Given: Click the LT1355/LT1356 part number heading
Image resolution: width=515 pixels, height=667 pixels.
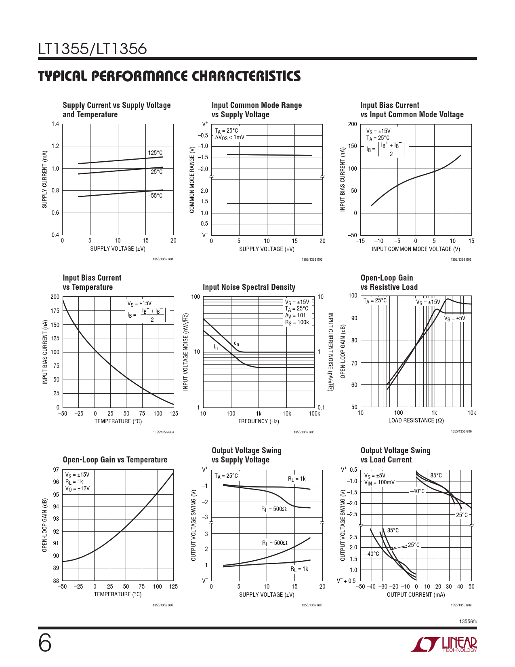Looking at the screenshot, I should coord(92,49).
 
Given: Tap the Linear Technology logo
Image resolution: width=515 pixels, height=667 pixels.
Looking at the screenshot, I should coord(444,644).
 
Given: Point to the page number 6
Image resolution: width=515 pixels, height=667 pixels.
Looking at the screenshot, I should coord(45,643).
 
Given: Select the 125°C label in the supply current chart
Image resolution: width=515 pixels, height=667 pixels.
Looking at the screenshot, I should coord(155,153).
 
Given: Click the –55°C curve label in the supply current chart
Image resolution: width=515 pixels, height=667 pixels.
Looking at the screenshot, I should coord(155,196).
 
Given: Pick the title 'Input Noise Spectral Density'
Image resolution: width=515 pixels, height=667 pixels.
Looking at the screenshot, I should coord(249,287).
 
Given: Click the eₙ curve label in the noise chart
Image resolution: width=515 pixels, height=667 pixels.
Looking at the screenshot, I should coord(236,344).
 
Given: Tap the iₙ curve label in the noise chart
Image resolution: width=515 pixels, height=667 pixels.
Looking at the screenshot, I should coord(216,347).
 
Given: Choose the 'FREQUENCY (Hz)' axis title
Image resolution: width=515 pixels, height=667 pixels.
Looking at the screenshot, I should coord(259,421).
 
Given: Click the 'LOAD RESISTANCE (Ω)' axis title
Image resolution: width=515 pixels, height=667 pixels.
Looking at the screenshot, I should coord(416,420).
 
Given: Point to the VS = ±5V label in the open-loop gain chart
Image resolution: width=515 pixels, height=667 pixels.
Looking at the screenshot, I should coord(454,319).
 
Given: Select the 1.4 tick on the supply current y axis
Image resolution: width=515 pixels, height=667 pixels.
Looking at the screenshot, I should coord(55,124).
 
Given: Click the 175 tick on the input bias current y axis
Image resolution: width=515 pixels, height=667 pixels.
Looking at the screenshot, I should coord(55,311).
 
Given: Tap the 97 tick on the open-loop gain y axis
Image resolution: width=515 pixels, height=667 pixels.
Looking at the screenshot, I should coord(56,470).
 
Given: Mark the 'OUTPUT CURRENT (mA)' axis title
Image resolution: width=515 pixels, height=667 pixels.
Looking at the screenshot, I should coord(416,595).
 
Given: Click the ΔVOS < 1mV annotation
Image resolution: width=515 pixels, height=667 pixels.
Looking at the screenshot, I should coord(229,137).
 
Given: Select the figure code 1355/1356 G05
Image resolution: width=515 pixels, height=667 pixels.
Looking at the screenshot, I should coord(304,432).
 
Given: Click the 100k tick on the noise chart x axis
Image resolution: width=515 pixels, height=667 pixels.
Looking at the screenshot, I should coord(314,414).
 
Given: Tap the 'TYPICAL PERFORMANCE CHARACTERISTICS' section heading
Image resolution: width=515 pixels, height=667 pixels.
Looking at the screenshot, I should coord(169,76).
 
